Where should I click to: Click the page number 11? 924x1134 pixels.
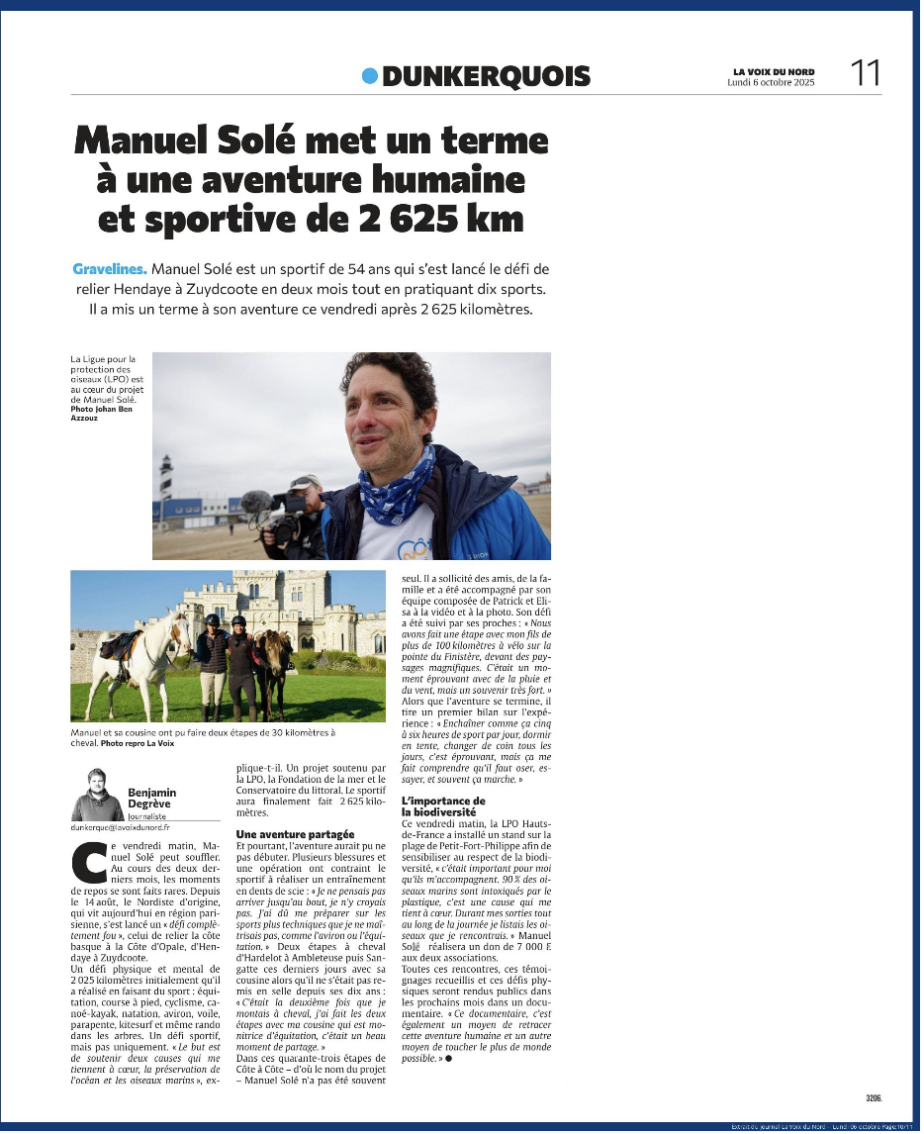click(x=866, y=72)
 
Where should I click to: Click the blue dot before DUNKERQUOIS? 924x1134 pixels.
click(x=370, y=75)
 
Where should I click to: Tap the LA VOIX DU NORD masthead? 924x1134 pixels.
click(x=774, y=71)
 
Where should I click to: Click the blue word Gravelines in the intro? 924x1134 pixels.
click(x=109, y=269)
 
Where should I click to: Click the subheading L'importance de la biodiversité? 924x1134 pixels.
click(x=443, y=805)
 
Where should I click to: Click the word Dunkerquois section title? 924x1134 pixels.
click(x=486, y=76)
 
